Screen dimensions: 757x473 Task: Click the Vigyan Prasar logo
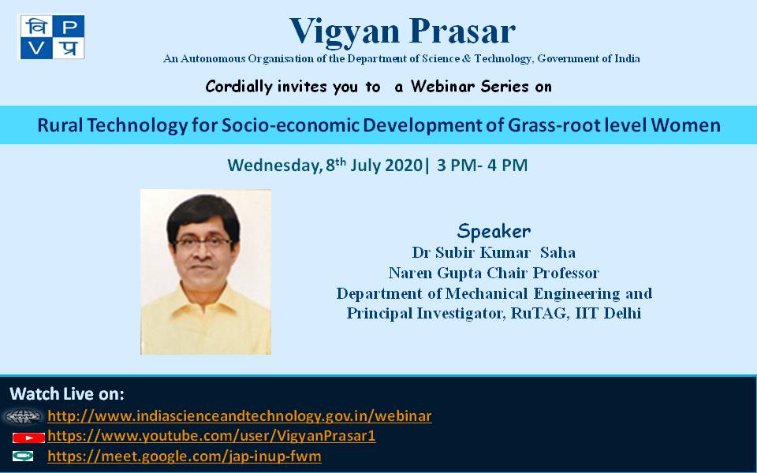click(x=52, y=37)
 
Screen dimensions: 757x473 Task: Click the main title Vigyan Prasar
click(x=403, y=32)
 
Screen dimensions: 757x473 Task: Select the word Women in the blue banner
click(x=685, y=125)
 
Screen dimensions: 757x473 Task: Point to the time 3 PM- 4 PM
click(x=482, y=165)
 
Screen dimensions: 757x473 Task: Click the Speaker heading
click(x=494, y=231)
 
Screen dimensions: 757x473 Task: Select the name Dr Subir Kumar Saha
click(x=494, y=252)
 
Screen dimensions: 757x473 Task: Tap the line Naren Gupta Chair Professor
click(x=494, y=274)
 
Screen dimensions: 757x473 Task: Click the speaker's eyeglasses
click(x=203, y=241)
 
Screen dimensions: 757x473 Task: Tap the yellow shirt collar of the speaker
click(x=205, y=300)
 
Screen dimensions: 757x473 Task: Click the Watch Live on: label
click(x=66, y=394)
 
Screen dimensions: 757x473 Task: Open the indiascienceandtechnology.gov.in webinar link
click(x=240, y=415)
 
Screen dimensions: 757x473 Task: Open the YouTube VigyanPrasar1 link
click(x=211, y=436)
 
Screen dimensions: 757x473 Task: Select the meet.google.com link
click(x=185, y=456)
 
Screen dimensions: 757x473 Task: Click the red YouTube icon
click(x=28, y=438)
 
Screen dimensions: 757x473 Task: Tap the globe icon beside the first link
click(x=23, y=416)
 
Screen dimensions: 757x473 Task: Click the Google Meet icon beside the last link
click(x=23, y=456)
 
